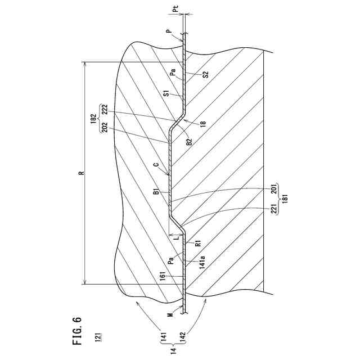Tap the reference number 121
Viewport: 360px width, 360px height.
pyautogui.click(x=98, y=338)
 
